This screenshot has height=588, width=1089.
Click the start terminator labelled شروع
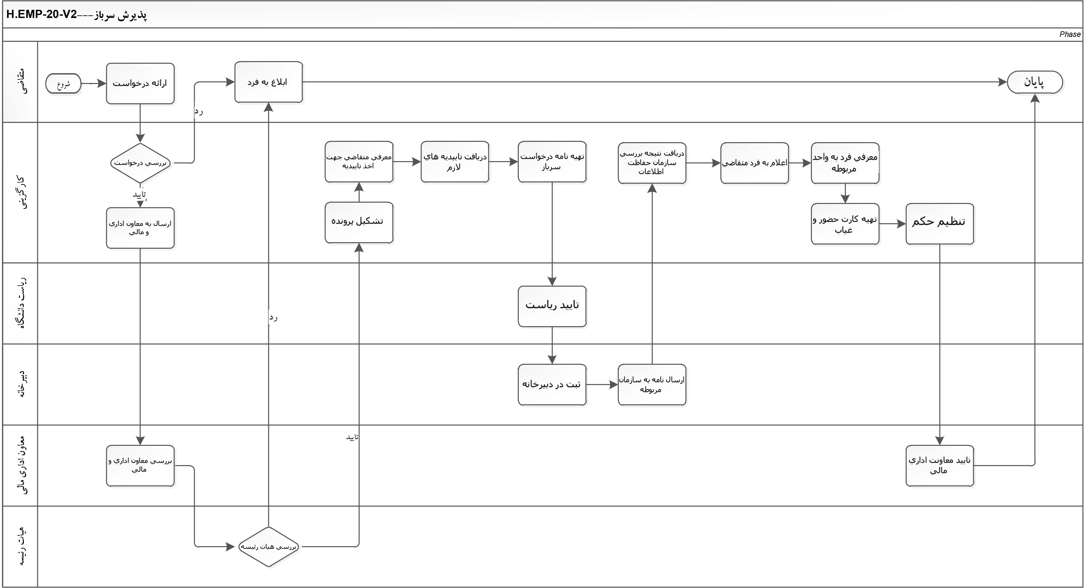pyautogui.click(x=63, y=84)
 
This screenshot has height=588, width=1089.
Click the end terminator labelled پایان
pyautogui.click(x=1034, y=82)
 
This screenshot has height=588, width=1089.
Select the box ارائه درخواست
pyautogui.click(x=140, y=83)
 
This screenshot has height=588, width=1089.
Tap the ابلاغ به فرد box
pyautogui.click(x=269, y=82)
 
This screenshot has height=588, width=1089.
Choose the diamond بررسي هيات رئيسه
pyautogui.click(x=269, y=546)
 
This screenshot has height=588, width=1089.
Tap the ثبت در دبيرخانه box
pyautogui.click(x=552, y=384)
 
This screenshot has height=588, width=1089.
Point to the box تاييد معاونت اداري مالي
pyautogui.click(x=939, y=465)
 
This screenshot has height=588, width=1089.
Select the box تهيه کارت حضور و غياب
pyautogui.click(x=845, y=224)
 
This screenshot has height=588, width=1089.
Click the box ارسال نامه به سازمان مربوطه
pyautogui.click(x=652, y=384)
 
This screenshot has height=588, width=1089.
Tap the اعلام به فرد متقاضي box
pyautogui.click(x=754, y=163)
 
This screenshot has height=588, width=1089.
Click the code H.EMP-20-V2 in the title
pyautogui.click(x=41, y=15)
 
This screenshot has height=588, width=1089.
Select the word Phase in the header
pyautogui.click(x=1069, y=35)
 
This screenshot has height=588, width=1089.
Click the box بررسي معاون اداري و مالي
pyautogui.click(x=140, y=465)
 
